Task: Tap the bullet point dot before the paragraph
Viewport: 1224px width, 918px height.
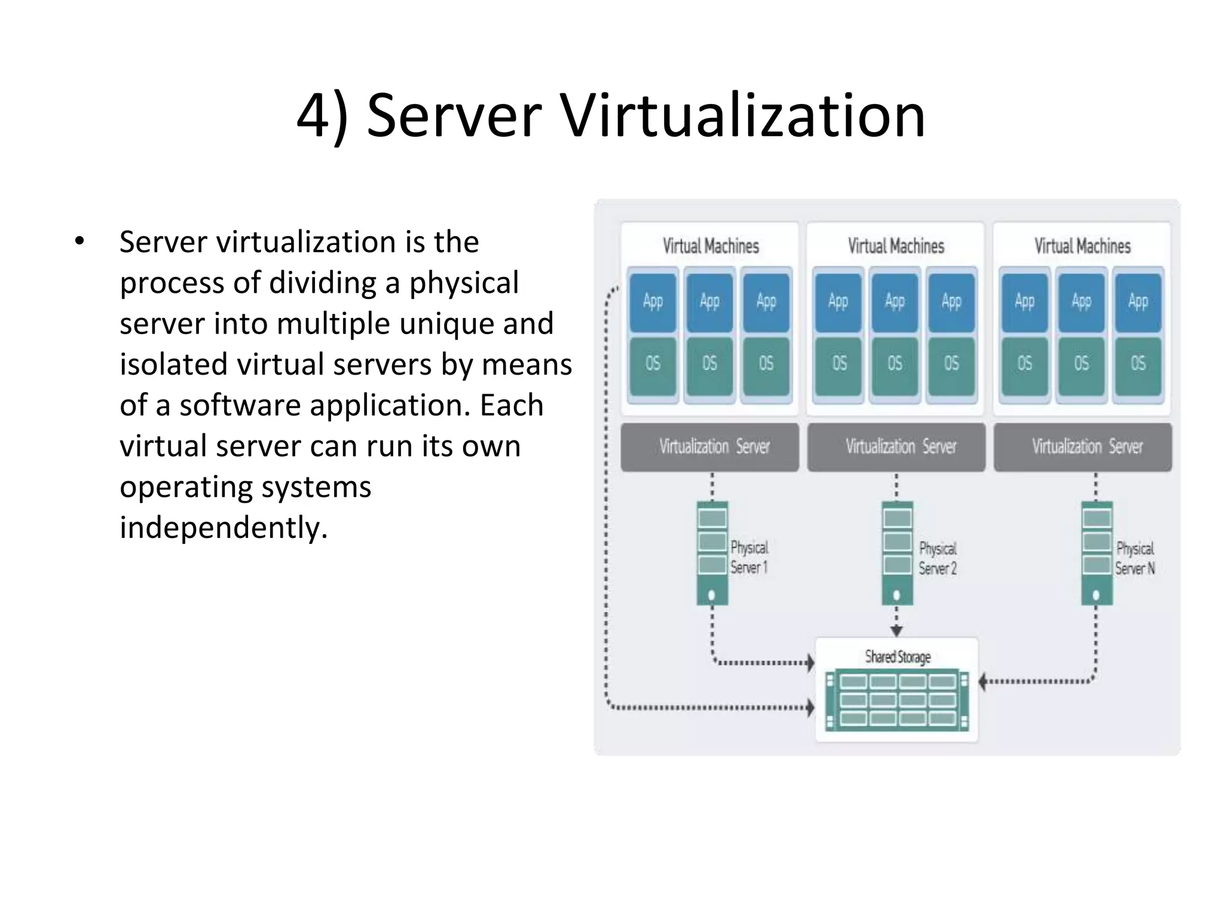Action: click(x=79, y=242)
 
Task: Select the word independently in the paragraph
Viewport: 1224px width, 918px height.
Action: click(x=224, y=527)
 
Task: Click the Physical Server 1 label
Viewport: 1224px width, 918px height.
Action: click(x=749, y=557)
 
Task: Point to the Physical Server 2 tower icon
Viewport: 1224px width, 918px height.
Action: click(x=897, y=553)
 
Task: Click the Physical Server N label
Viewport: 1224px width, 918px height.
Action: click(x=1134, y=558)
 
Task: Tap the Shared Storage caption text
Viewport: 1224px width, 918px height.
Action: click(x=898, y=657)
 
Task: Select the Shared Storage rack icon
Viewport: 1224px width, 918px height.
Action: click(x=897, y=700)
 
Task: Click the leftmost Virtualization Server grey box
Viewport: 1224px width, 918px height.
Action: click(x=710, y=447)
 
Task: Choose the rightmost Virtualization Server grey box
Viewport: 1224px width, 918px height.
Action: click(x=1082, y=447)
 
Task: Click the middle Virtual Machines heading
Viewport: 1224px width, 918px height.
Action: click(x=896, y=246)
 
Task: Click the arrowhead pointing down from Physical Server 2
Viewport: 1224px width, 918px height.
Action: click(x=896, y=631)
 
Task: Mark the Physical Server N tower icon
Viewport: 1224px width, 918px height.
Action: click(x=1097, y=553)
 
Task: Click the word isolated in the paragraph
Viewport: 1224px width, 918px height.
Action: click(x=173, y=365)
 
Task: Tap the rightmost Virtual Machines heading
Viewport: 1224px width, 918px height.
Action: click(x=1082, y=246)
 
